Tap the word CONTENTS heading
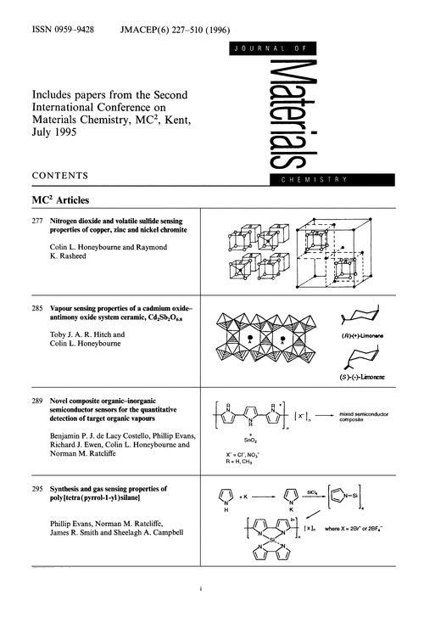click(x=60, y=177)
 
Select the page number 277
click(x=37, y=220)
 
